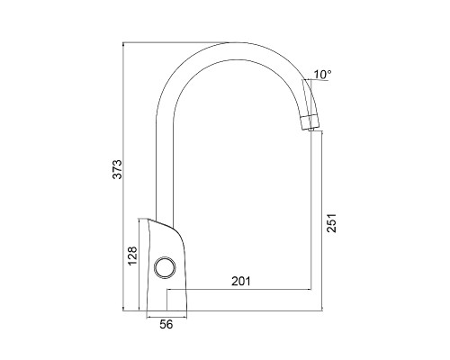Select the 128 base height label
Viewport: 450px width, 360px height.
pyautogui.click(x=131, y=256)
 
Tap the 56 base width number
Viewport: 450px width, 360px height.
pyautogui.click(x=166, y=325)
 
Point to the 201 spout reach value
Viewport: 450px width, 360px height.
pyautogui.click(x=240, y=281)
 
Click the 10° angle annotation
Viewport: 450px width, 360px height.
pyautogui.click(x=323, y=74)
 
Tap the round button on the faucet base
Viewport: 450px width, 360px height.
pyautogui.click(x=165, y=267)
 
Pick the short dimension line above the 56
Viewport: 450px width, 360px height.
pyautogui.click(x=166, y=314)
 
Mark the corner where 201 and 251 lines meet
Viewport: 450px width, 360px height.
pyautogui.click(x=312, y=292)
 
